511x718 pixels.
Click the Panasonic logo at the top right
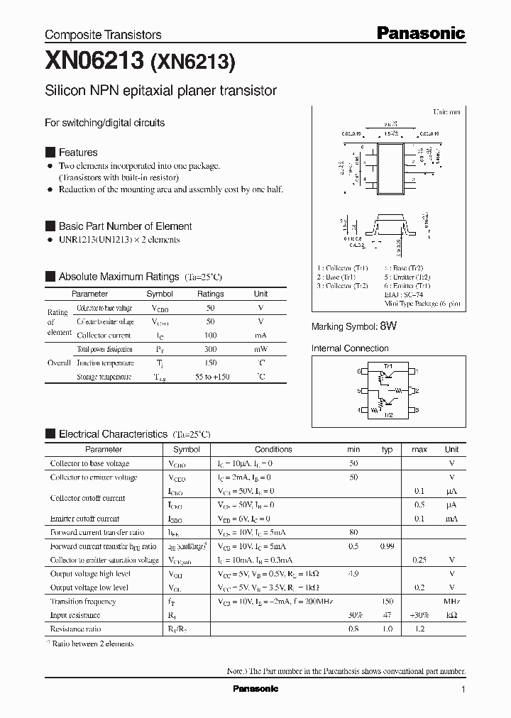coord(420,33)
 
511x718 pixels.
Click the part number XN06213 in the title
coord(94,62)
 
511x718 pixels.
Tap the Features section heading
coord(78,153)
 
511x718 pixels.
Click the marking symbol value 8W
coord(388,326)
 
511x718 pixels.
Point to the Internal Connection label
coord(350,348)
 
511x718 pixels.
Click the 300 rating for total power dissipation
coord(210,349)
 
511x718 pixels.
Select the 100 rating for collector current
coord(210,335)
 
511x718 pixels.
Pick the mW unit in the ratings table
coord(260,349)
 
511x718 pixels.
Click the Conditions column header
coord(273,449)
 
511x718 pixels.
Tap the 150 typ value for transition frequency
coord(388,601)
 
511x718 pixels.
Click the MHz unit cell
coord(451,601)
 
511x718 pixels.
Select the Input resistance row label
coord(75,615)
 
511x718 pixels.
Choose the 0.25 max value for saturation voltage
coord(419,560)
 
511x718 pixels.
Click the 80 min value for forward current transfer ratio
coord(353,532)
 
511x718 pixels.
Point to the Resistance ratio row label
coord(75,629)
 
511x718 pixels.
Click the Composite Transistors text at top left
coord(103,35)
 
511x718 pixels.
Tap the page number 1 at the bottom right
coord(463,690)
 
